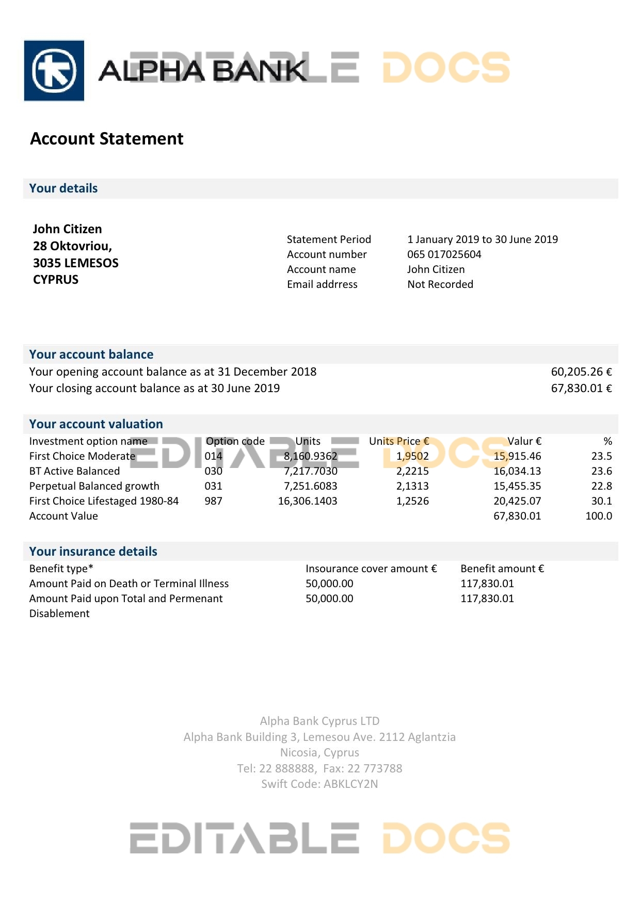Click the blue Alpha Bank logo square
point(54,70)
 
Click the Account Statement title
point(107,139)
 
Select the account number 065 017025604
point(444,254)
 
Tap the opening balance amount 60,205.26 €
point(581,372)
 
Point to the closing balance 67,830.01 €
point(581,389)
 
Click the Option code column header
point(235,441)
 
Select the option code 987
point(213,501)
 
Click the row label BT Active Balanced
point(74,471)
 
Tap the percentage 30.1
point(601,501)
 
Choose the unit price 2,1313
point(412,486)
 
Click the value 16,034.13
point(517,471)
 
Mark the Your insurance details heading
point(93,552)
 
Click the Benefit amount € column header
point(502,569)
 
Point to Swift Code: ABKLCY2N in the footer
point(319,784)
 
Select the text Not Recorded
point(440,284)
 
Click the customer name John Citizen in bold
point(67,229)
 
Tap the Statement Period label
point(329,239)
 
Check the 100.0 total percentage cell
point(598,516)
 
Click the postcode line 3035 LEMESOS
point(75,263)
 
